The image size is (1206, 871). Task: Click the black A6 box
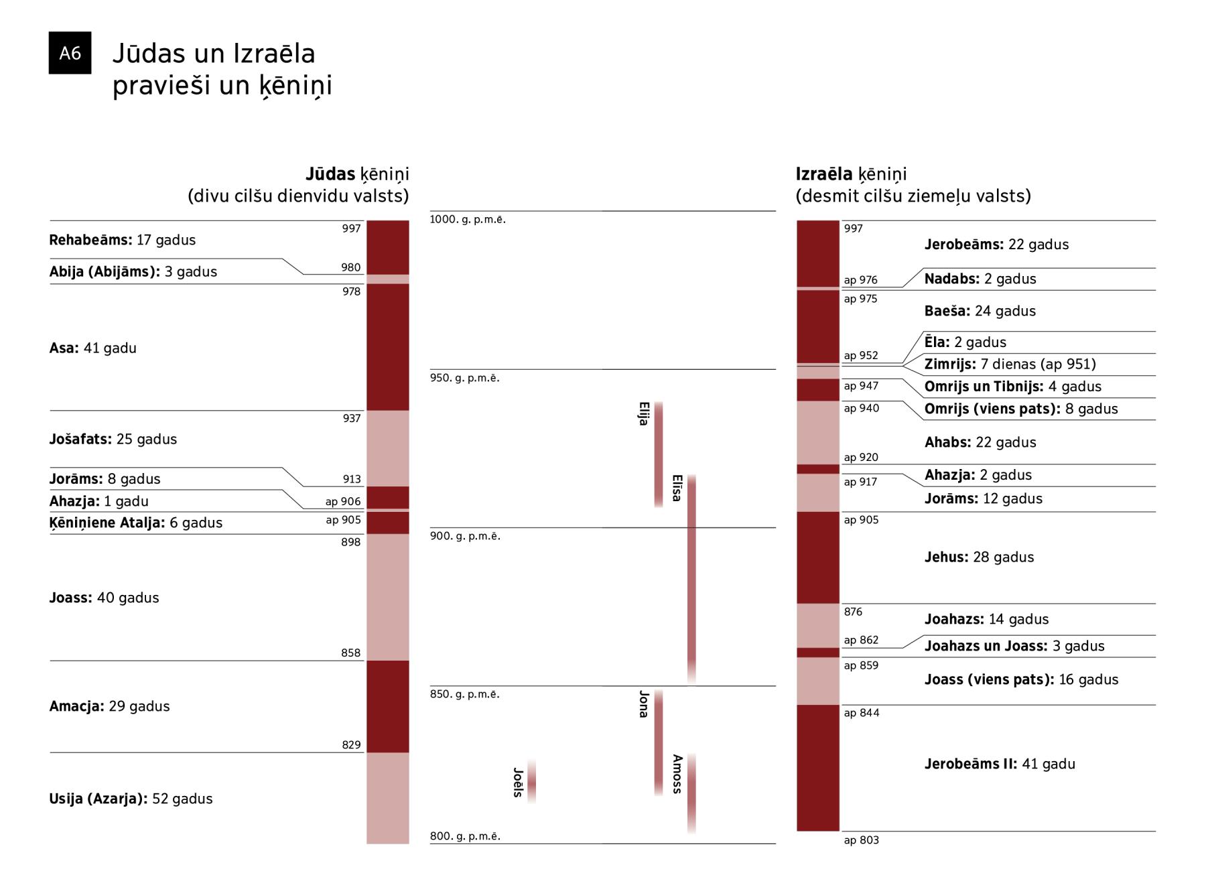[70, 53]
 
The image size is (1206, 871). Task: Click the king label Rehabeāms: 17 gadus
[122, 240]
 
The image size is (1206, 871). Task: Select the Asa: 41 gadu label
[92, 348]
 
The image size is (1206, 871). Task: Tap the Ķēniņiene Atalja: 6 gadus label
[135, 523]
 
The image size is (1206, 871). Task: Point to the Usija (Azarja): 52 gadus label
[131, 799]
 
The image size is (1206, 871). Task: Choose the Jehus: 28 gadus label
[979, 557]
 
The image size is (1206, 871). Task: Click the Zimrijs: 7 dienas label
[1010, 364]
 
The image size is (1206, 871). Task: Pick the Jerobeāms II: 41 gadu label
[1000, 764]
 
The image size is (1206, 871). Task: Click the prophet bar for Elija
[659, 454]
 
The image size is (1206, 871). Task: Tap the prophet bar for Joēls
[531, 782]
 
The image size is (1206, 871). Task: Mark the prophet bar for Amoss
[691, 793]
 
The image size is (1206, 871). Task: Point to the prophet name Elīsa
[677, 488]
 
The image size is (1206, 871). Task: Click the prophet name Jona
[644, 704]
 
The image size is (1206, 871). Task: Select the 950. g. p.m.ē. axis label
[464, 378]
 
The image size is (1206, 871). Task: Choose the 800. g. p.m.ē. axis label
[465, 836]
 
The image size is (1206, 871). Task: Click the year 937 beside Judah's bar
[352, 418]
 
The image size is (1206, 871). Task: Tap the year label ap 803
[861, 840]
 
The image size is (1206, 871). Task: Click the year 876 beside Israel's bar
[853, 612]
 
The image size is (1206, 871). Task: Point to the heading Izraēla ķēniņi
[851, 174]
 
